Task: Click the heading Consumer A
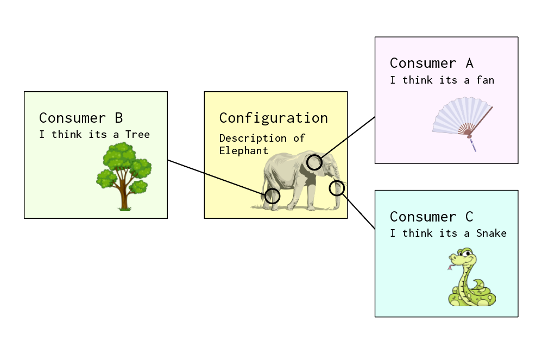[431, 63]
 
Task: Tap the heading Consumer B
[81, 118]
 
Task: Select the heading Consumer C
[431, 217]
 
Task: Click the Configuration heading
[273, 118]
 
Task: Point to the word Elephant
[244, 151]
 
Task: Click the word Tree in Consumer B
[137, 135]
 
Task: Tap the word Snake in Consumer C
[491, 233]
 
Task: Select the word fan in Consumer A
[486, 80]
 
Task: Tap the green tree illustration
[124, 176]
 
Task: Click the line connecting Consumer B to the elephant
[216, 178]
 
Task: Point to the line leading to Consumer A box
[348, 137]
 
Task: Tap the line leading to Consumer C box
[359, 211]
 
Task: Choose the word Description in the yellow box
[253, 138]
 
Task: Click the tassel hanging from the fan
[472, 145]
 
